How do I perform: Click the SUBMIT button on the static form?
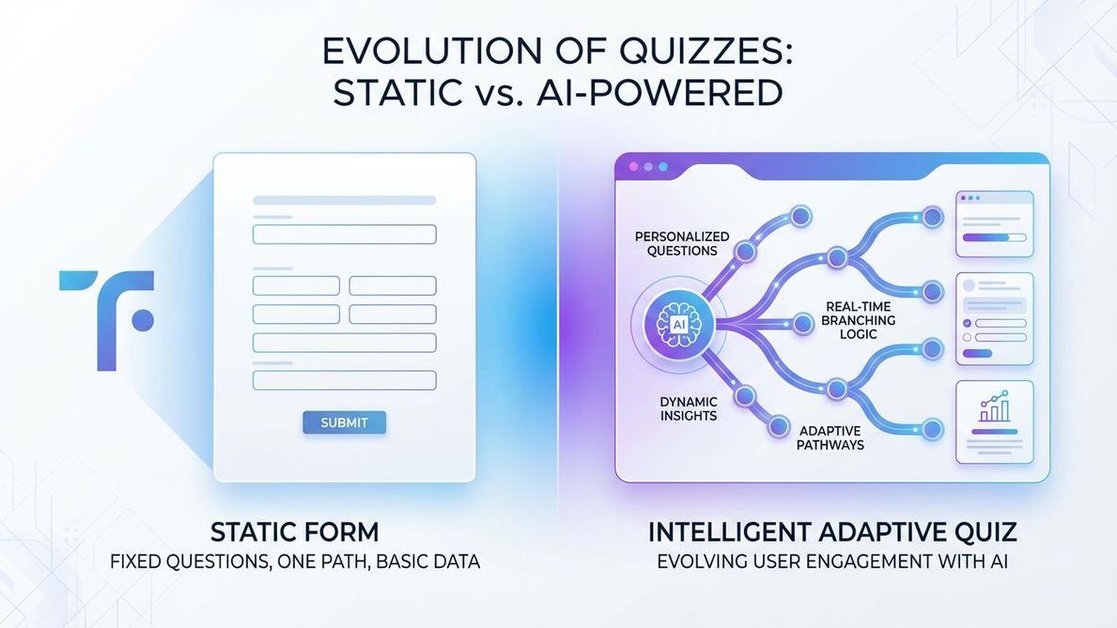(x=344, y=422)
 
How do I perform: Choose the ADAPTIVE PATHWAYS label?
(x=830, y=437)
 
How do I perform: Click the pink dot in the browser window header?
(x=632, y=166)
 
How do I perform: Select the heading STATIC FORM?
(x=294, y=532)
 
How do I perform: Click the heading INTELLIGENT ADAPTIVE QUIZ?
(x=831, y=532)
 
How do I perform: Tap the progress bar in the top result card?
(x=993, y=238)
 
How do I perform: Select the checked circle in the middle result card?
(x=967, y=322)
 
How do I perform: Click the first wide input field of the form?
(x=344, y=235)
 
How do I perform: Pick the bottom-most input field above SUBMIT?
(x=344, y=380)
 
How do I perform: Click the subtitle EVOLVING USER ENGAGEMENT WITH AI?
(x=831, y=563)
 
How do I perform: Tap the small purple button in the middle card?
(x=978, y=353)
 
